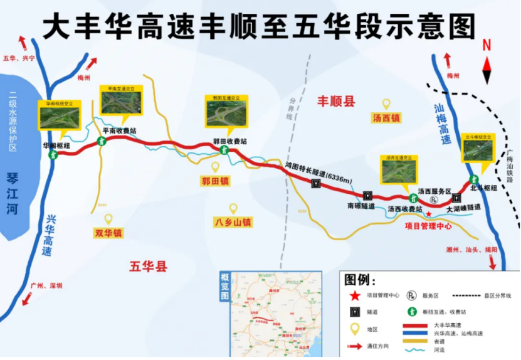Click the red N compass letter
click(487, 46)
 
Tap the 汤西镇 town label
click(386, 117)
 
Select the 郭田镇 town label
click(215, 181)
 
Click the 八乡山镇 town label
click(233, 221)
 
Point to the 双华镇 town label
click(108, 233)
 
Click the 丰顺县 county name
click(335, 101)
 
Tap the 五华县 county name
click(149, 267)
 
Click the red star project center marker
click(429, 214)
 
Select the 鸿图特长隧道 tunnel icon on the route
click(317, 184)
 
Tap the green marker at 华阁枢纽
click(53, 153)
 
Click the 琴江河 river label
click(13, 185)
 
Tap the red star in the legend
click(355, 295)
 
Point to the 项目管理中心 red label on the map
click(428, 226)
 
